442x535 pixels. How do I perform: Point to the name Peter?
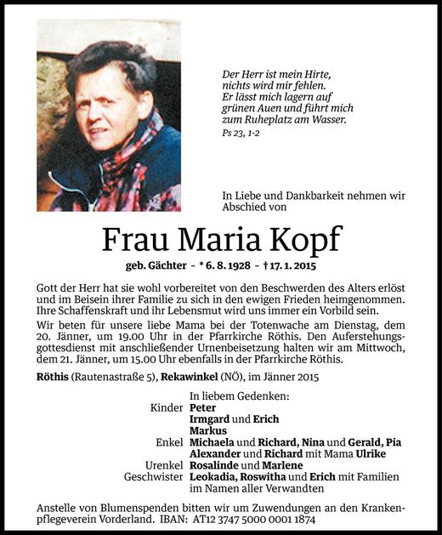(x=203, y=407)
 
